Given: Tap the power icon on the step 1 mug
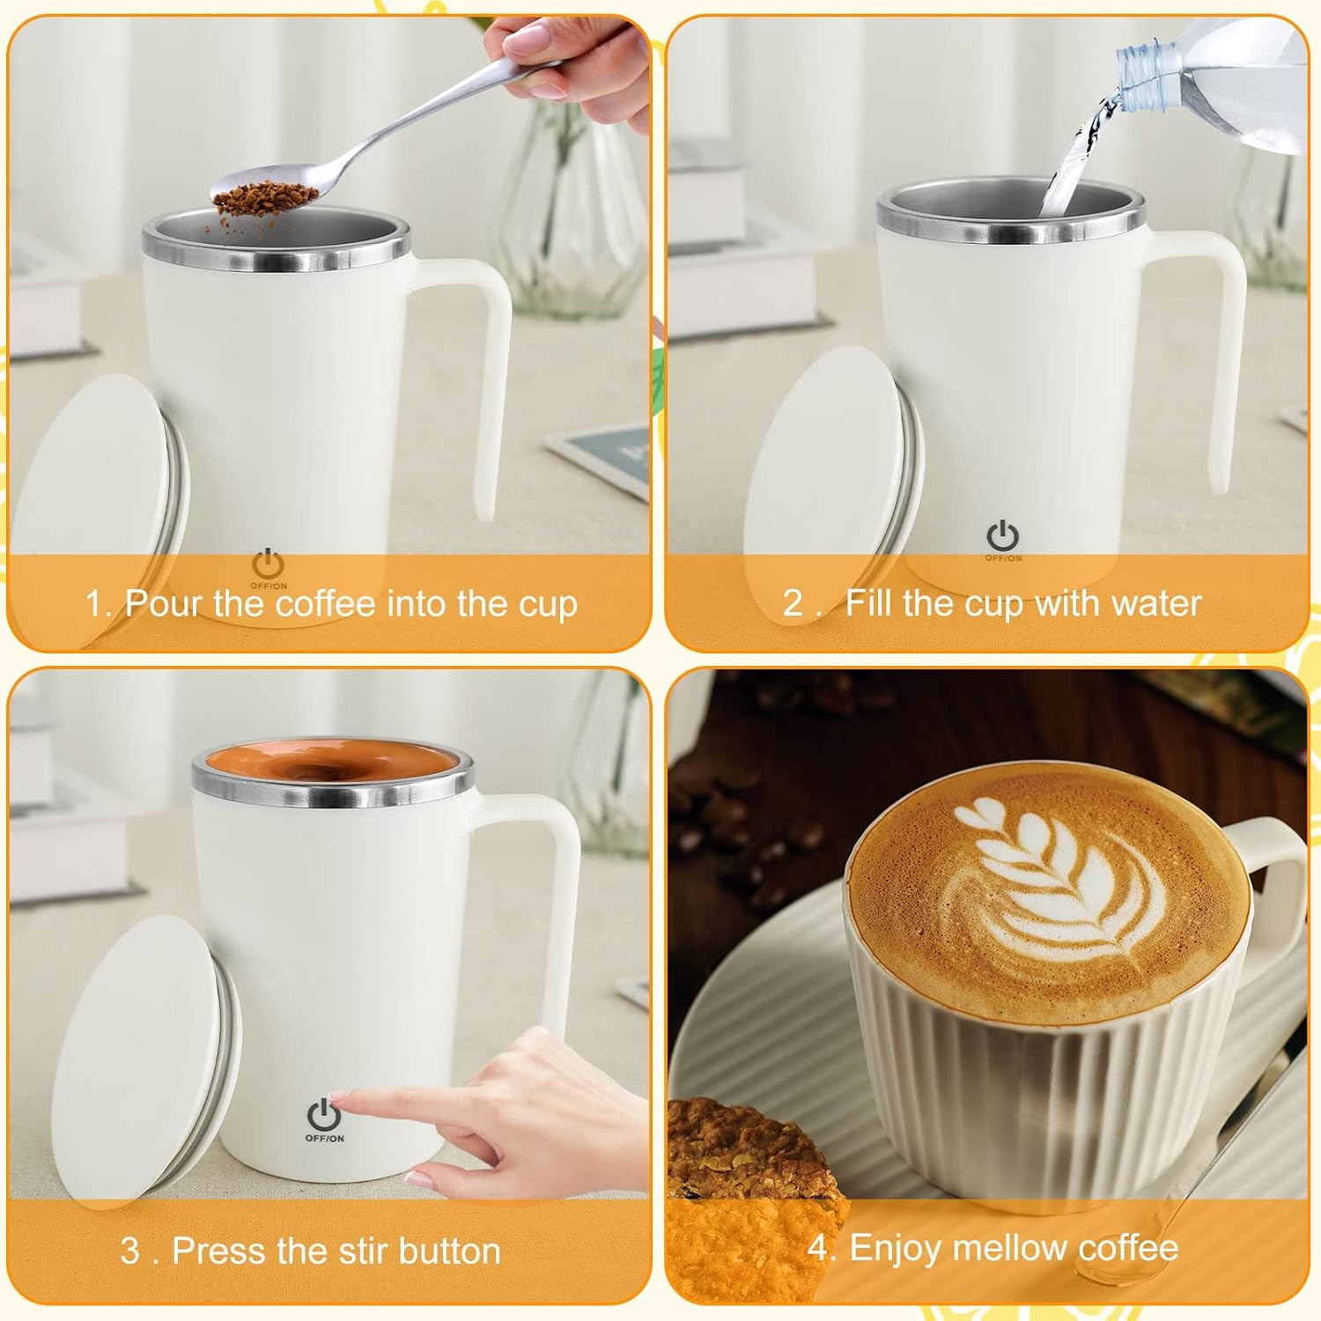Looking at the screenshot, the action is point(268,564).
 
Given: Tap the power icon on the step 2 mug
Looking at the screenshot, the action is point(1002,535).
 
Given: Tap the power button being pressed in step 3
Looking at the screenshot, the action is point(323,1115).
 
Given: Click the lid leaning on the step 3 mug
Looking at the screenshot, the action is point(146,1057).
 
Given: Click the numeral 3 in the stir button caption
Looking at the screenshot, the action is point(130,1251).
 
